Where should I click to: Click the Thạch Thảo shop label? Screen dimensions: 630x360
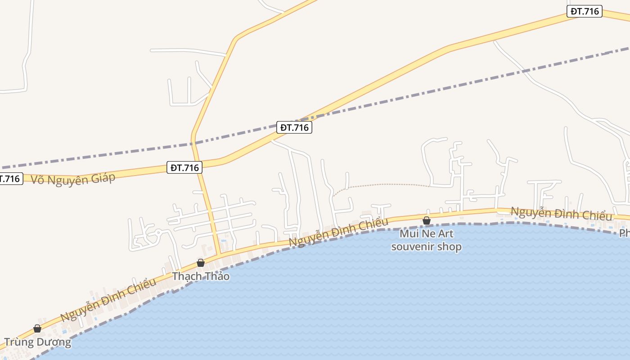[201, 276]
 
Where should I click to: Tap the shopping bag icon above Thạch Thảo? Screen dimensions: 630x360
[201, 263]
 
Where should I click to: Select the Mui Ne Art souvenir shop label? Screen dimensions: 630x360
[426, 240]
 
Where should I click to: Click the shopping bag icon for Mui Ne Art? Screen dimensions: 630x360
[426, 220]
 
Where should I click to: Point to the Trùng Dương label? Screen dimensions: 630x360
[37, 342]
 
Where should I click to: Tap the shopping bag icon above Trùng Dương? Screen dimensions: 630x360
[37, 329]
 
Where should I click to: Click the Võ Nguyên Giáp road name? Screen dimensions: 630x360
[73, 179]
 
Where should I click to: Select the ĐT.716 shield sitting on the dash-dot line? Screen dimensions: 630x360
[294, 127]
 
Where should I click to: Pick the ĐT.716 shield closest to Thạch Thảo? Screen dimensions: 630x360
[184, 167]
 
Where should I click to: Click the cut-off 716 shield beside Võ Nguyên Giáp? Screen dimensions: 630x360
[10, 179]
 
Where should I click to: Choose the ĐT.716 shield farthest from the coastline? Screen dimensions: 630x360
[584, 11]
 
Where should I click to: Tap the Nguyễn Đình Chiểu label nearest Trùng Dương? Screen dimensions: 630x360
[108, 300]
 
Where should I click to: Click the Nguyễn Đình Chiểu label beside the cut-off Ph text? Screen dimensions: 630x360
[561, 214]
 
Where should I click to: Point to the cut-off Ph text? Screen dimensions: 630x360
[624, 233]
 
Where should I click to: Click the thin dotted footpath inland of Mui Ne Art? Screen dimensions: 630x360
[382, 184]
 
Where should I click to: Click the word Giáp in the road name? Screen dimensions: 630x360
[103, 177]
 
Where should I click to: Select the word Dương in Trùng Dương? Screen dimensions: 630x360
[54, 342]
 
